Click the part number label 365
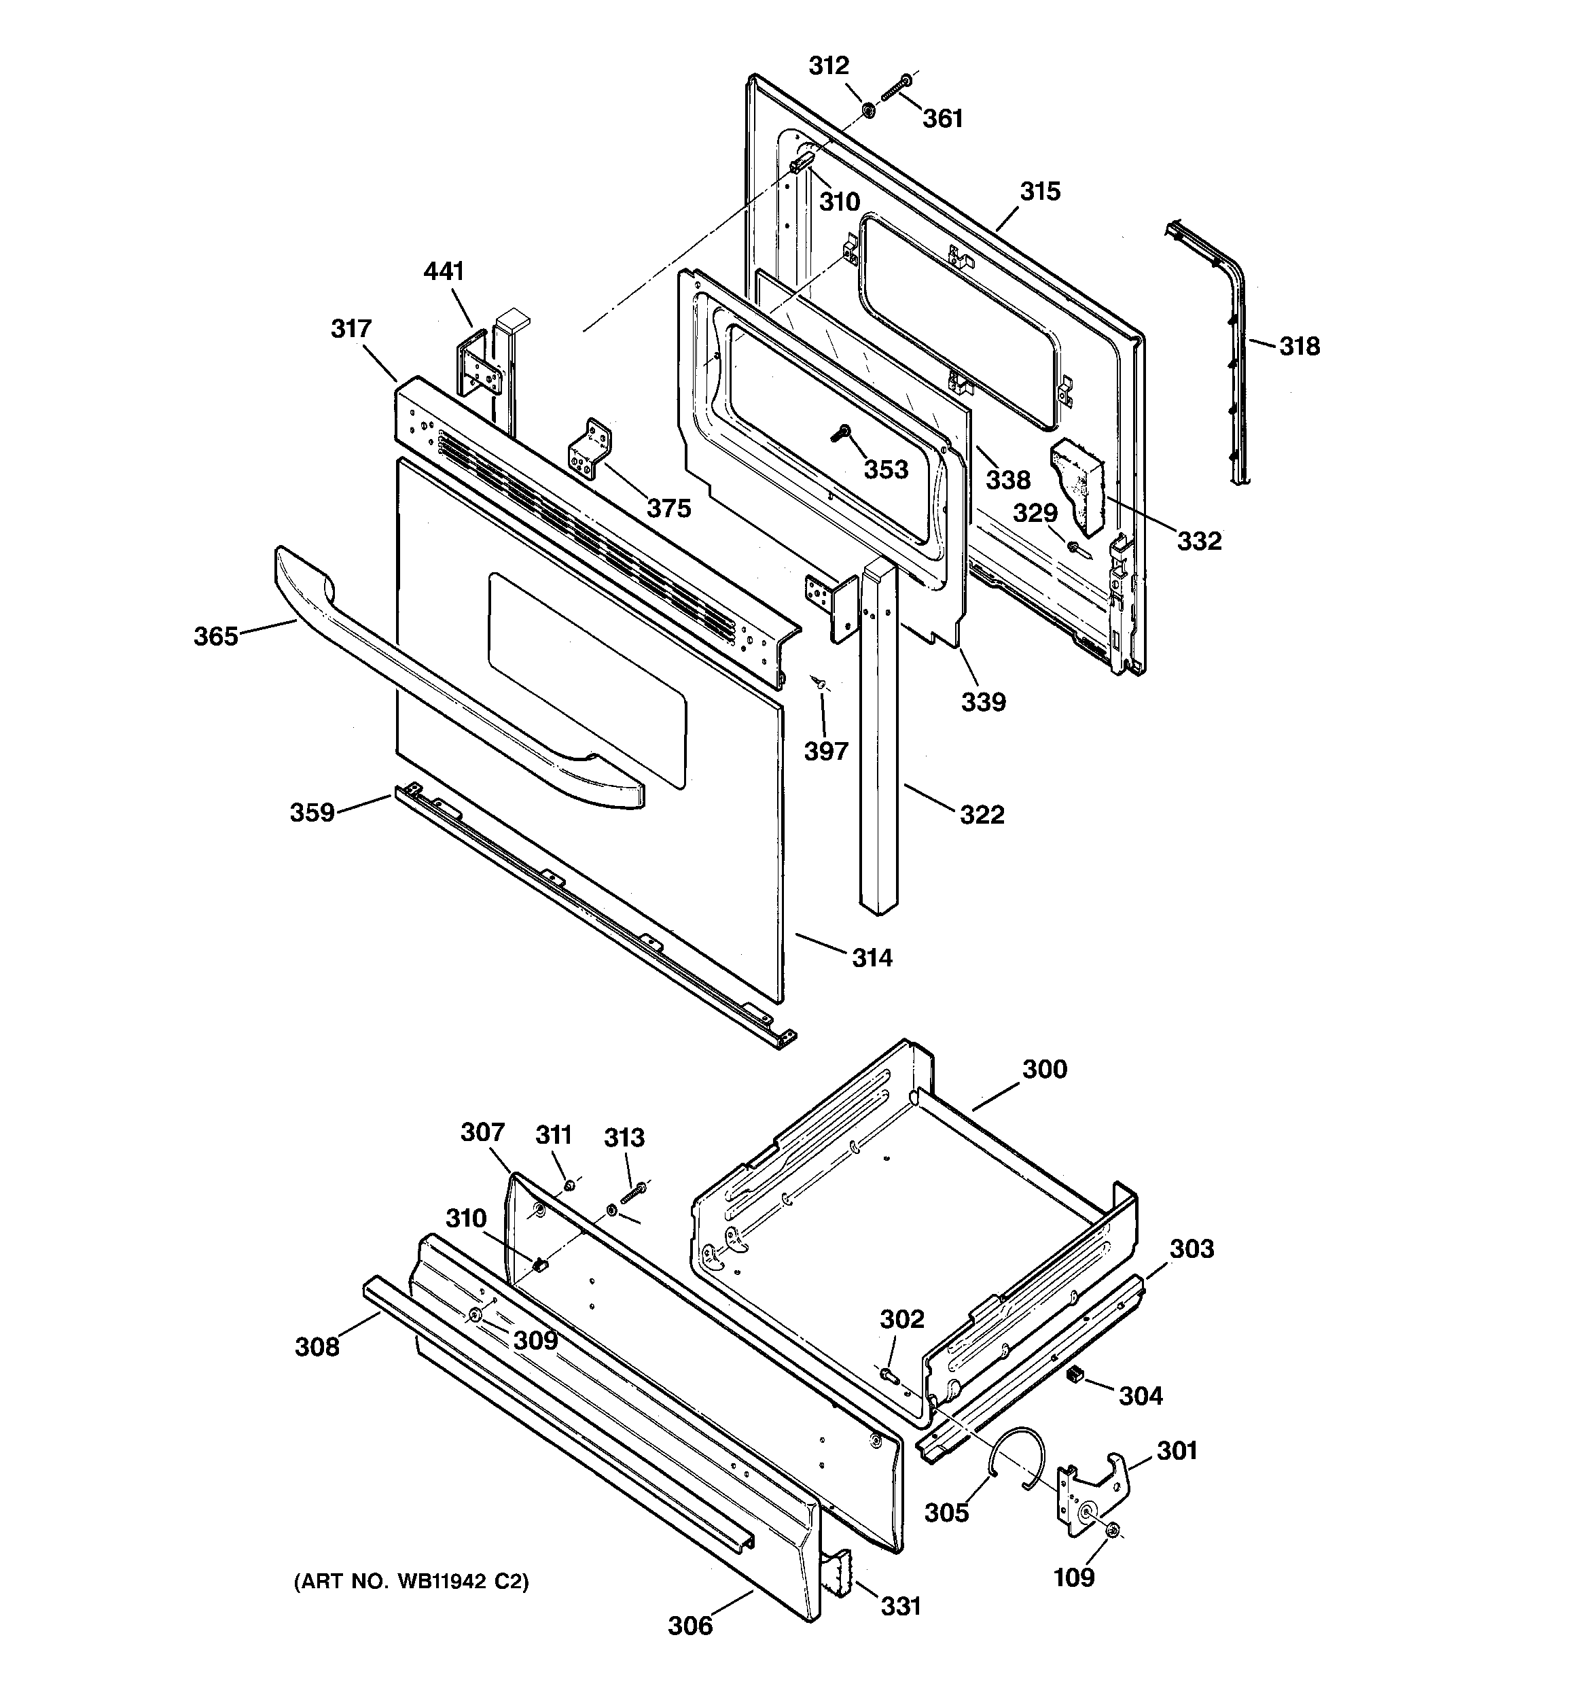216,636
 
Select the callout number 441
444,272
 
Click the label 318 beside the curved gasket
1299,346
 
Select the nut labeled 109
1113,1530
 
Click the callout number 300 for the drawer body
1045,1070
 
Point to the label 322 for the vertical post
982,815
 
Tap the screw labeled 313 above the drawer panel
634,1193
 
